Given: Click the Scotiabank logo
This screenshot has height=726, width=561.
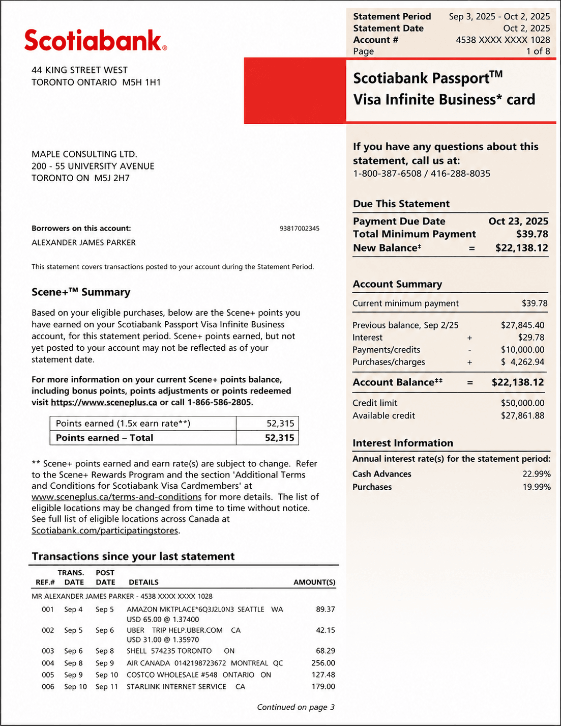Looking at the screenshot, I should pos(96,40).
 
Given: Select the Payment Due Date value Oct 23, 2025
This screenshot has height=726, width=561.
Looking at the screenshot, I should pos(518,221).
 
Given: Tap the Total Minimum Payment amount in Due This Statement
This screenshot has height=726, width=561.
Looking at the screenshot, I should pos(532,234).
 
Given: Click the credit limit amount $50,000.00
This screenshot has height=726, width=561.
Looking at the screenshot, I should pos(522,403).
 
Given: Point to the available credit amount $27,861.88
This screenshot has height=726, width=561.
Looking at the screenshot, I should pos(522,415).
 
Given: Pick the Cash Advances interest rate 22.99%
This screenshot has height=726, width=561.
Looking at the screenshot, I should pos(536,474).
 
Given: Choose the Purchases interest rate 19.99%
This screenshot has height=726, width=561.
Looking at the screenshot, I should pos(536,487).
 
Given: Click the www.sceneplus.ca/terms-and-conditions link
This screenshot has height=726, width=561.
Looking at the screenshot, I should pos(116,497).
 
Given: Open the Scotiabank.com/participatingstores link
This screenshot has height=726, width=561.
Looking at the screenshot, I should pos(105,530).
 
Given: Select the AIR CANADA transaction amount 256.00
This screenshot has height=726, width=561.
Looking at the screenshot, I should pos(323,663).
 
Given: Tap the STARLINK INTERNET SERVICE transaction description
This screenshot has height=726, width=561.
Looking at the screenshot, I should pos(176,687).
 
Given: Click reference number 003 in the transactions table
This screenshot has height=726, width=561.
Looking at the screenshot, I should pos(48,651).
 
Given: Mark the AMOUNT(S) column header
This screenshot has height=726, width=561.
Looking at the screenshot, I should pos(314,582).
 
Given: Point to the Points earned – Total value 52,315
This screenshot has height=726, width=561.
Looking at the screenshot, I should pos(279,438).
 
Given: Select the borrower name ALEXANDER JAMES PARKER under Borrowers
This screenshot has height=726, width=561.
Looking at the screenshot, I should pos(83,243).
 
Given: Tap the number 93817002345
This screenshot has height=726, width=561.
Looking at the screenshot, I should pos(300,229).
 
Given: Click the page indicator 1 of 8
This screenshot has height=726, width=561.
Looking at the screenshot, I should pos(538,51).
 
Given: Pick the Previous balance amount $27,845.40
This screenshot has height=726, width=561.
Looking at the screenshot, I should pos(522,325).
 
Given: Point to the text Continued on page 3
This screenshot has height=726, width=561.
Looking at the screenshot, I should pos(296,707).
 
